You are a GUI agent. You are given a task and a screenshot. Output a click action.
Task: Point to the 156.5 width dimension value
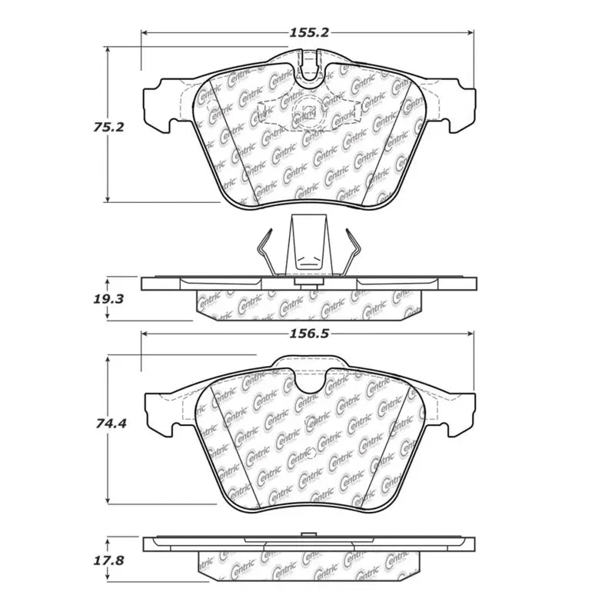coord(307,334)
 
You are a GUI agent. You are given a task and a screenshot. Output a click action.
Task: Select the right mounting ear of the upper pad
coord(460,104)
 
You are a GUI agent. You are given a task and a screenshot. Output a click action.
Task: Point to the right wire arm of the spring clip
coord(352,250)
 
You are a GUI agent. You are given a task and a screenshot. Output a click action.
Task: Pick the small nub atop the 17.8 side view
coord(309,534)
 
